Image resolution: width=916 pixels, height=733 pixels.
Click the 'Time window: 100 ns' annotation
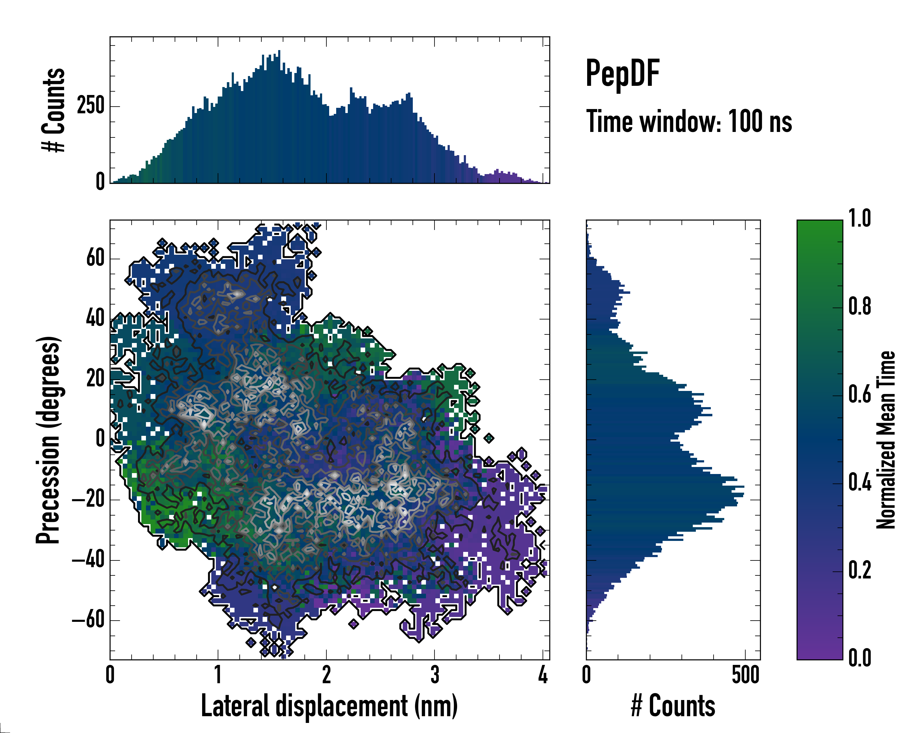tap(689, 122)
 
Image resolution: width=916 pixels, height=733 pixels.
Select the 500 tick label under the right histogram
tap(745, 675)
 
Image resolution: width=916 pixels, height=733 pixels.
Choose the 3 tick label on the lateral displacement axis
tap(434, 675)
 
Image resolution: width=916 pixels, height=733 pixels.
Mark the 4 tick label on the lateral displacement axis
tap(543, 675)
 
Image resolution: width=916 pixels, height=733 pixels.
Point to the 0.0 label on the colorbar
tap(860, 658)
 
